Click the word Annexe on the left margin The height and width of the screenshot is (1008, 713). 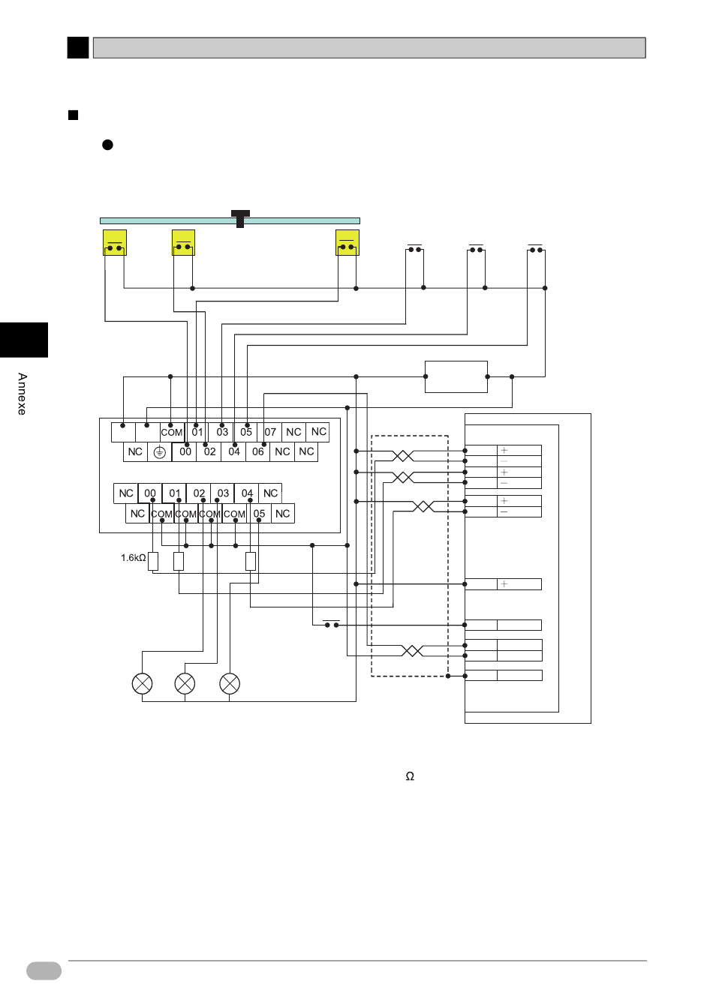[22, 394]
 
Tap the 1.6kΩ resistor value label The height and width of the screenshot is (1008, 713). [134, 558]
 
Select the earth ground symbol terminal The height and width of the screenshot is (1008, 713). [159, 451]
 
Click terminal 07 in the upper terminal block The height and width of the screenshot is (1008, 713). [269, 432]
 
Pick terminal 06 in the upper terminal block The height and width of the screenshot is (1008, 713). [257, 451]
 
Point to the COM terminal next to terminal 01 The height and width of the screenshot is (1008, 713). [172, 433]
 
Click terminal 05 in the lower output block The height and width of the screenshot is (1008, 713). [259, 514]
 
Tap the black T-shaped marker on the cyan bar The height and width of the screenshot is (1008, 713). [240, 219]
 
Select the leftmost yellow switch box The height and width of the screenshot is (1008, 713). [115, 242]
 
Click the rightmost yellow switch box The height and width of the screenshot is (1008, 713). [347, 242]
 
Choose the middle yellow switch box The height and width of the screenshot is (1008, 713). [183, 242]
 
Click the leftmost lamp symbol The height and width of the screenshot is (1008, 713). [143, 683]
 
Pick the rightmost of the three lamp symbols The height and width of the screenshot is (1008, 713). [230, 683]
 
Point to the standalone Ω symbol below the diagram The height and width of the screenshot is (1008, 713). [410, 776]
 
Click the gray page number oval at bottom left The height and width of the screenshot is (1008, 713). [44, 970]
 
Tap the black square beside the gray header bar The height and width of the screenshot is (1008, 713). [78, 48]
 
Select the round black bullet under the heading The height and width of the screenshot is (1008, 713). [107, 145]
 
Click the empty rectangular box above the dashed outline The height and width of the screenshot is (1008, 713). [456, 376]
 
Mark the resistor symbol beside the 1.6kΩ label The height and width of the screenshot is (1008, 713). [153, 561]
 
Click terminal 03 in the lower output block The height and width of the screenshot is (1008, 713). [223, 493]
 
